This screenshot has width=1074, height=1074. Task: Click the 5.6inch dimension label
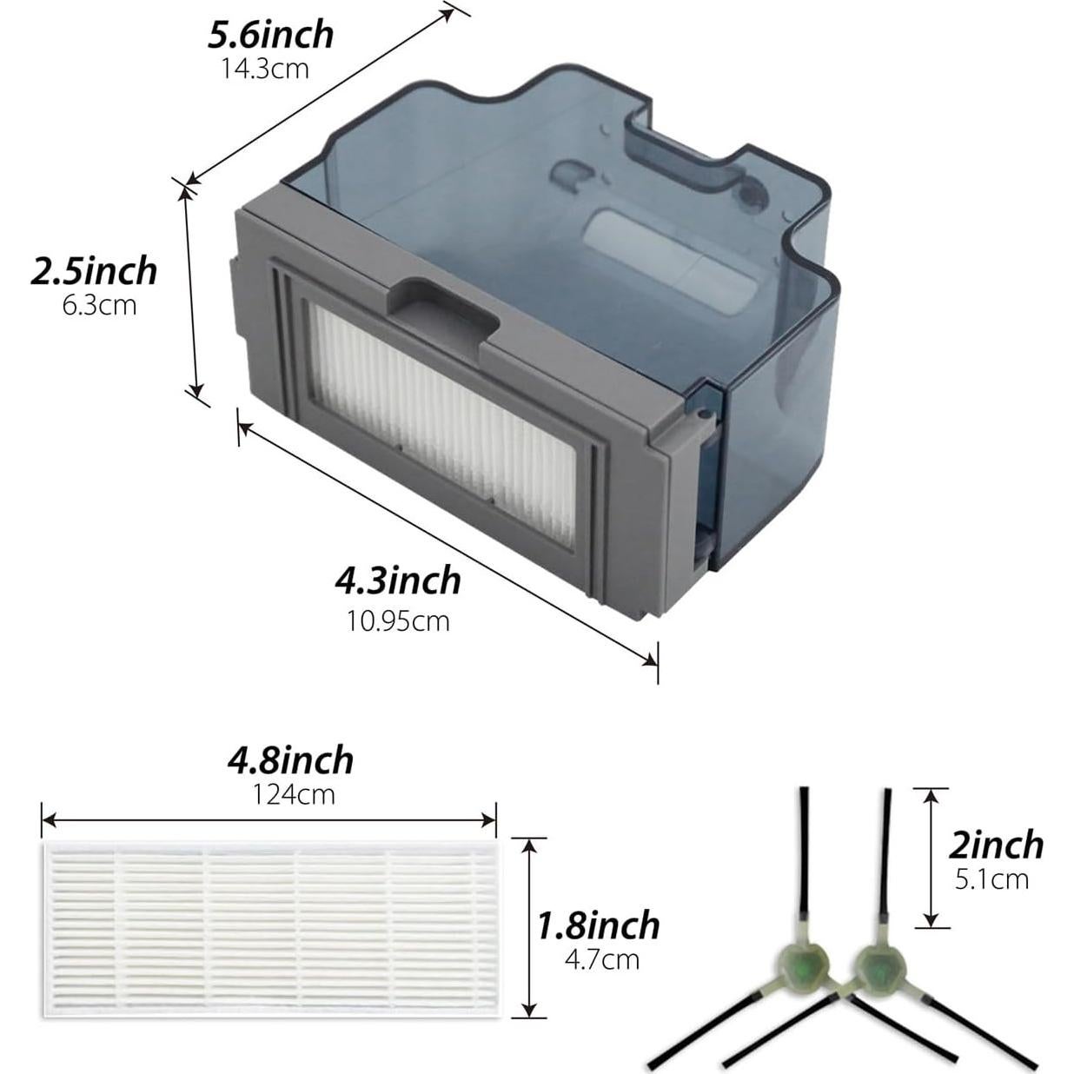click(x=271, y=36)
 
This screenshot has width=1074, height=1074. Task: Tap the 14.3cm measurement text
click(x=265, y=70)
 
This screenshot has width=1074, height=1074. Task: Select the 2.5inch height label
click(x=94, y=271)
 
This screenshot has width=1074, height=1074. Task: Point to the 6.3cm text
click(x=99, y=306)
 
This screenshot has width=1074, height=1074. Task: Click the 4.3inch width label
click(x=398, y=580)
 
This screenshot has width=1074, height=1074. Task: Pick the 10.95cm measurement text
click(x=398, y=620)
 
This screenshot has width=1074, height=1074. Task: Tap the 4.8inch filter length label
click(x=290, y=761)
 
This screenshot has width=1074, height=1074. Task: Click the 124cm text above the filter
click(x=295, y=795)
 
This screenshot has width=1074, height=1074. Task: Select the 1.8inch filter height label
click(x=598, y=926)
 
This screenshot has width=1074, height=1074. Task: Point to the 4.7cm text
click(x=602, y=960)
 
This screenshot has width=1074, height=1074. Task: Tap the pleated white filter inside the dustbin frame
click(x=443, y=423)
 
